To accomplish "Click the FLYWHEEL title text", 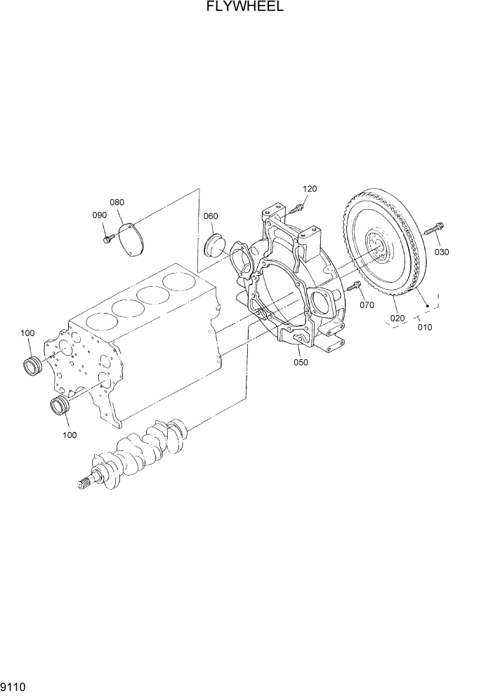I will [245, 8].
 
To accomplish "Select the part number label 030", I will [441, 252].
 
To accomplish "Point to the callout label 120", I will [310, 189].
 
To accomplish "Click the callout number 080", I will [117, 202].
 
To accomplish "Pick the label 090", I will [98, 215].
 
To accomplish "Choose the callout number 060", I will [210, 216].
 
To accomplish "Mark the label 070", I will [367, 305].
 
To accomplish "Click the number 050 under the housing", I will [301, 362].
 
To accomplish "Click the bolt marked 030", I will [430, 229].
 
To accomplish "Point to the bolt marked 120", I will [296, 207].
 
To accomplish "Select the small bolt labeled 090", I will [107, 240].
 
